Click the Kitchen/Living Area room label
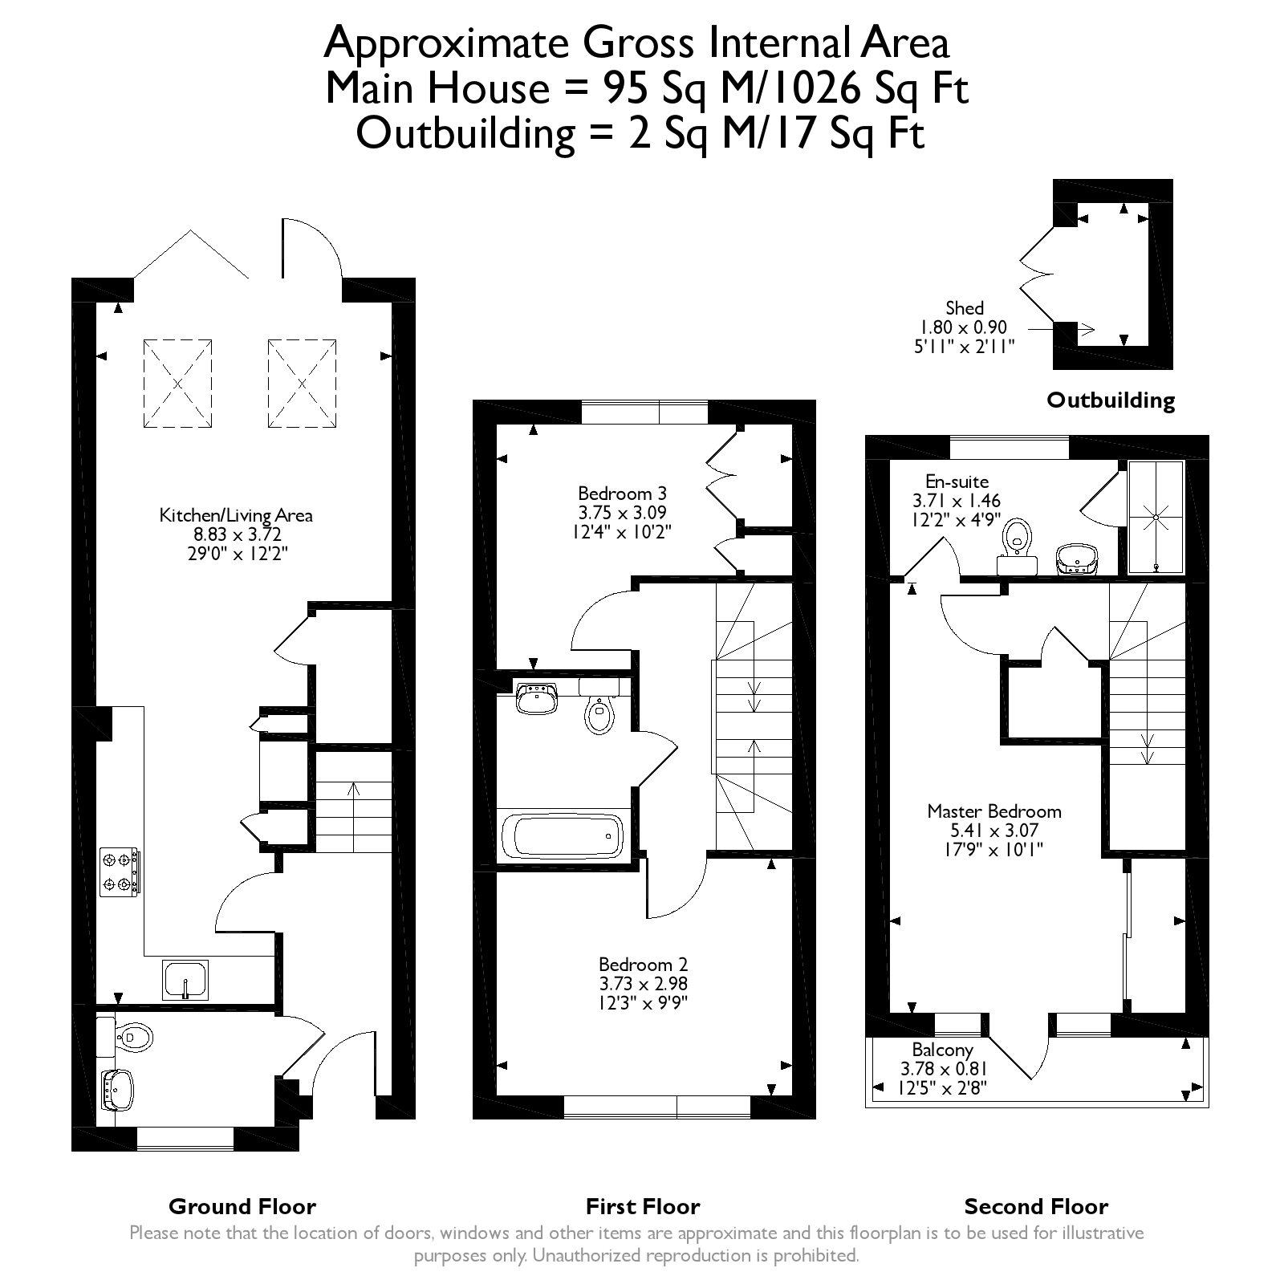[x=236, y=515]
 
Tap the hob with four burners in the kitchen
[x=120, y=872]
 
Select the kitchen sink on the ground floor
[x=185, y=980]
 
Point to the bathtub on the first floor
[x=563, y=836]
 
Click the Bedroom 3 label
[x=623, y=493]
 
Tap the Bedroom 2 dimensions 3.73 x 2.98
[x=644, y=984]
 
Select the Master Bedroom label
[x=994, y=811]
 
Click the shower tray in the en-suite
[x=1156, y=517]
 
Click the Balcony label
[x=943, y=1050]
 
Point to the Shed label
[x=965, y=308]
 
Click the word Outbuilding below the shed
[x=1111, y=400]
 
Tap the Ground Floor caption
[x=242, y=1206]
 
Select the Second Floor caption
[x=1036, y=1206]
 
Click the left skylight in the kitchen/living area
[x=178, y=384]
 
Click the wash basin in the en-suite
[x=1075, y=559]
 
